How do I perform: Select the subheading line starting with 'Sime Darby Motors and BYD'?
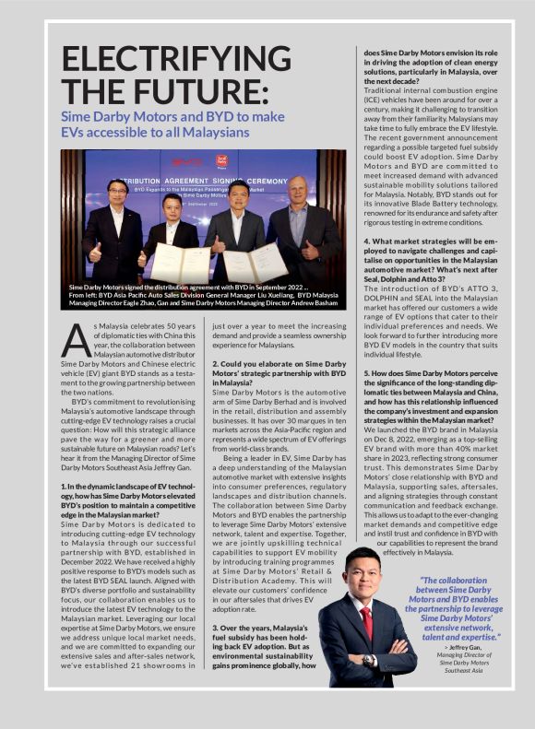172,116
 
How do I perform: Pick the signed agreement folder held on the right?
252,265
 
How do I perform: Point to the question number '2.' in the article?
216,364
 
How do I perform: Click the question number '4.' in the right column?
365,241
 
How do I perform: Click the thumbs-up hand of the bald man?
310,250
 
